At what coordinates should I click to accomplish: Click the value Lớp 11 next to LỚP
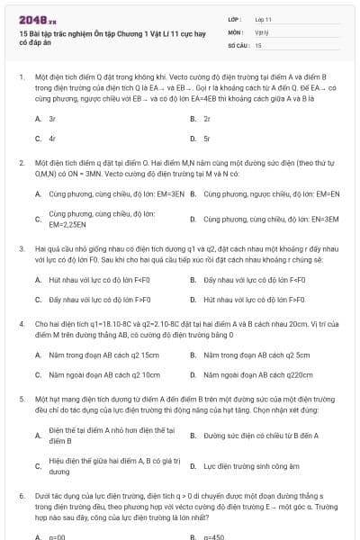tap(263, 19)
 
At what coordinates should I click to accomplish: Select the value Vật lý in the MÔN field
tap(261, 31)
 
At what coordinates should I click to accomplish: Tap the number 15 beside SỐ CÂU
tap(258, 44)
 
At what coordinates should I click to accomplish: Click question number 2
tap(21, 163)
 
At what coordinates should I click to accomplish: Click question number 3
tap(21, 246)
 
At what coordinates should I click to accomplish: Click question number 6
tap(21, 495)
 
